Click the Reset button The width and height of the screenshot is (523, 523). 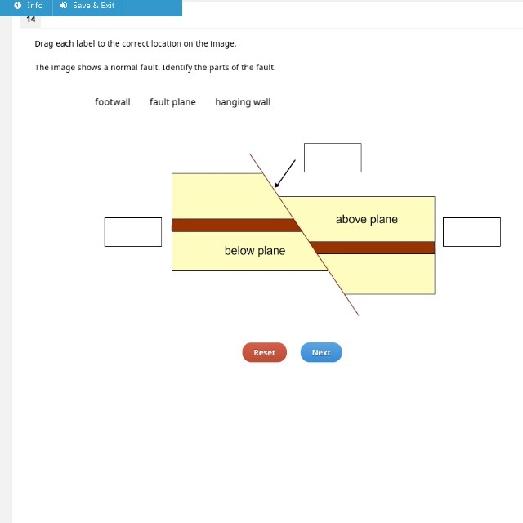click(x=264, y=352)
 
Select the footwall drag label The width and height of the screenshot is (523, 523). click(x=112, y=102)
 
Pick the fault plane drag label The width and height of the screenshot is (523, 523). click(x=172, y=102)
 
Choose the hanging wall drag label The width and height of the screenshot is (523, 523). click(x=243, y=102)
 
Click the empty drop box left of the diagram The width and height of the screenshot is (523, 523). click(x=132, y=232)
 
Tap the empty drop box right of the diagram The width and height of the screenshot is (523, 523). click(x=472, y=232)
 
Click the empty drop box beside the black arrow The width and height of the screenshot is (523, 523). click(x=333, y=158)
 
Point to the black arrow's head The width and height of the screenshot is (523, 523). click(x=277, y=186)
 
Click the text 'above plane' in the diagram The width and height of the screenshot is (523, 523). click(x=367, y=219)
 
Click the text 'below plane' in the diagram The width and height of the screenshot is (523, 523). click(x=255, y=251)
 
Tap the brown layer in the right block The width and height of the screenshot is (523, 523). click(x=376, y=248)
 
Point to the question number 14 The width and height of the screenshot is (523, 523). click(x=31, y=19)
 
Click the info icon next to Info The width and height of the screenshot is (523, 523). click(x=18, y=6)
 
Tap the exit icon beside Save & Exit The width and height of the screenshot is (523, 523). click(x=64, y=6)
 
